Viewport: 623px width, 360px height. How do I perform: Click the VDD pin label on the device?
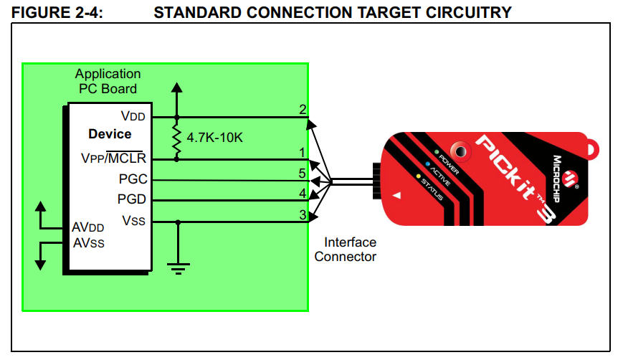point(134,115)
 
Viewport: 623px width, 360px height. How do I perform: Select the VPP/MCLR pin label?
point(114,158)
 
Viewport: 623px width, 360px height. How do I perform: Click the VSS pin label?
point(134,220)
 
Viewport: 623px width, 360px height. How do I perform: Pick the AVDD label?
point(88,227)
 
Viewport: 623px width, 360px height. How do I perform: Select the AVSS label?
point(88,242)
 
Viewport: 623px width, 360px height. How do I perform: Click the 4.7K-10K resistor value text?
point(214,136)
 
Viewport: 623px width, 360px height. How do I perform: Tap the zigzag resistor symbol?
point(176,137)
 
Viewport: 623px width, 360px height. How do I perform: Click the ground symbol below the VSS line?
point(178,267)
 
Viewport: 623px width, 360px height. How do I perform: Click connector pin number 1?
point(303,152)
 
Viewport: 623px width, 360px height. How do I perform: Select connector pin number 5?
point(303,173)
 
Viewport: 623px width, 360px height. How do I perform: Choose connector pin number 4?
point(303,193)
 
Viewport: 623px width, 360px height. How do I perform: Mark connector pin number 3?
point(303,214)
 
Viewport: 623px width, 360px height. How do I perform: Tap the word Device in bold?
point(110,134)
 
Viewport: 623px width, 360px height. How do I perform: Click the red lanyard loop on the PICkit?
point(592,150)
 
